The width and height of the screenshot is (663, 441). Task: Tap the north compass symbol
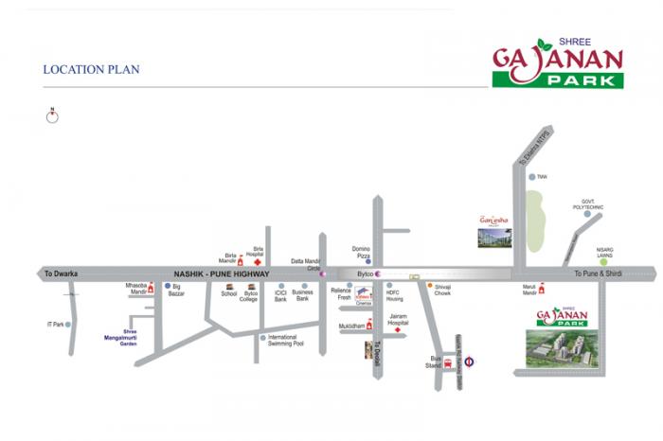pos(54,115)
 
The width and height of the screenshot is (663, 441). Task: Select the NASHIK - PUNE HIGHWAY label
pos(221,273)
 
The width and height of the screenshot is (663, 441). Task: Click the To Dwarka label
pos(61,273)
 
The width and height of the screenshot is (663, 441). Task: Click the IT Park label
pos(56,325)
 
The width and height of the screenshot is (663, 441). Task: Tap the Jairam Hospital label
pos(398,323)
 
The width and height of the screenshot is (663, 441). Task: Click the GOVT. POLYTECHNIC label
pos(588,203)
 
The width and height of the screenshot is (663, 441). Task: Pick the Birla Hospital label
pos(255,252)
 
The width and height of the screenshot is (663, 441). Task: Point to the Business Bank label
pos(303,296)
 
